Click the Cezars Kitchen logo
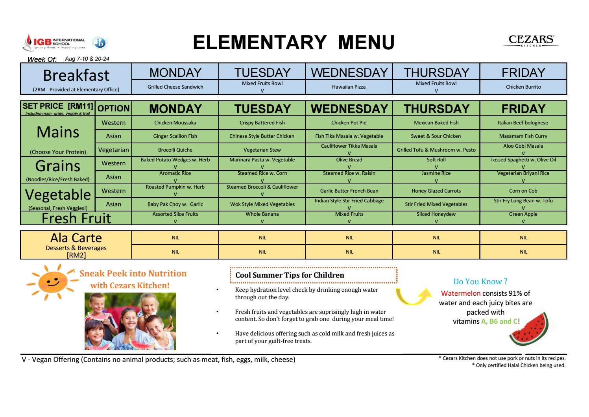[531, 41]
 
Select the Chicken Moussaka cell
[175, 122]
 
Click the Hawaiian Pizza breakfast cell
[349, 87]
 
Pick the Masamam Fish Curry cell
[523, 136]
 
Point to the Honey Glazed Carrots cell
[436, 191]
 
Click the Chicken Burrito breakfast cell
[523, 87]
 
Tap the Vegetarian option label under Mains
[113, 150]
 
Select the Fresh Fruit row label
[76, 218]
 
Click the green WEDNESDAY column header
[349, 109]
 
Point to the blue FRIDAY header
[523, 72]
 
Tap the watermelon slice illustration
[528, 328]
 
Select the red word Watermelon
[460, 293]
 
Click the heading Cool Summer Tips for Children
[290, 275]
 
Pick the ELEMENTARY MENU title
[294, 43]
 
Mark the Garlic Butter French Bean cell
[349, 191]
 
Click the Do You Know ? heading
[480, 282]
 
